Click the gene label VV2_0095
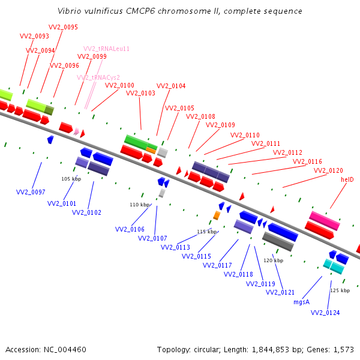pos(63,27)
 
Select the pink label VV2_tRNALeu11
pos(106,49)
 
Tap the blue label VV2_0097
pos(31,192)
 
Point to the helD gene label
pos(347,179)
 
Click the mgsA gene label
pos(301,302)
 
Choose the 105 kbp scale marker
pos(71,179)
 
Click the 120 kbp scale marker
pos(273,260)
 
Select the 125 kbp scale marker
pos(340,290)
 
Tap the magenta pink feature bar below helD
pos(325,221)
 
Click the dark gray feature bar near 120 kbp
pos(278,241)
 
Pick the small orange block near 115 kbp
pos(217,215)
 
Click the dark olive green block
pos(49,110)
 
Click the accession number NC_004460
pos(65,350)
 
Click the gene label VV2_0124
pos(325,313)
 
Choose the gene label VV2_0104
pos(171,86)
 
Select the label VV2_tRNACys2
pos(98,77)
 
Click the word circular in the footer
pos(206,350)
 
